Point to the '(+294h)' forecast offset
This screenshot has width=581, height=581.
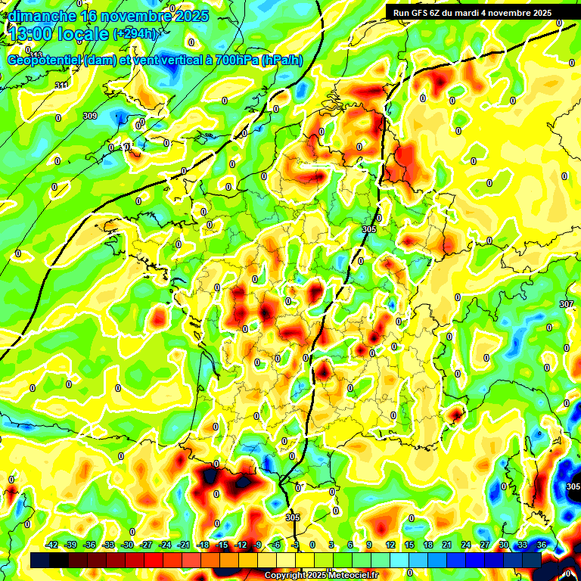(x=136, y=34)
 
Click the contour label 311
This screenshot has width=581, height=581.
(x=61, y=85)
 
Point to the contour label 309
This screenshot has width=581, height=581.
(x=89, y=116)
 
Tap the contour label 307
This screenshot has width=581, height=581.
(x=566, y=303)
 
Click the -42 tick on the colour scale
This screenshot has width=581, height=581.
(x=52, y=545)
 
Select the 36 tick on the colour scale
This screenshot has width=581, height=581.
(x=542, y=545)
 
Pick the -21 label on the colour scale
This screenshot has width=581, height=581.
(x=184, y=545)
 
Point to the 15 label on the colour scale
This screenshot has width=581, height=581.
(x=409, y=545)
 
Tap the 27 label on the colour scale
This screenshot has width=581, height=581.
(x=484, y=545)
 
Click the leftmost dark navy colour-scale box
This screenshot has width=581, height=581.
(x=40, y=560)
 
